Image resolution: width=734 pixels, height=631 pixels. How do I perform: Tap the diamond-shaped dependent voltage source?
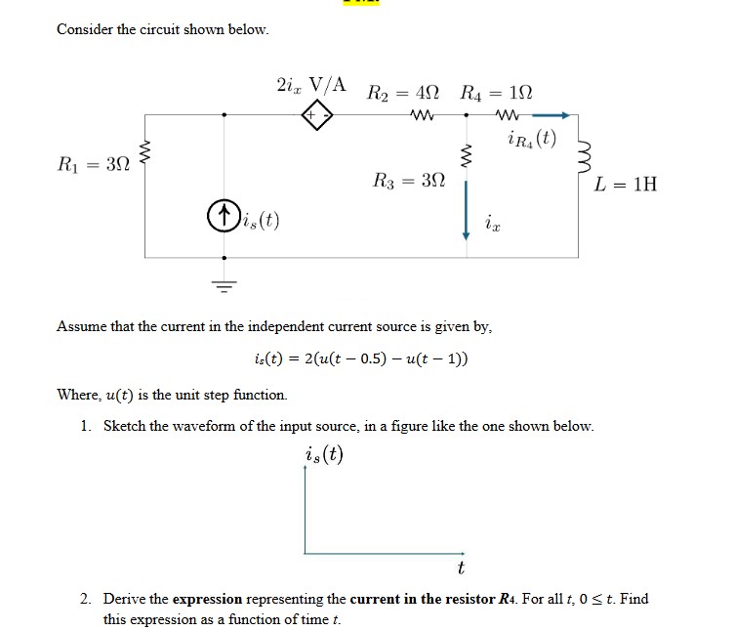pos(317,115)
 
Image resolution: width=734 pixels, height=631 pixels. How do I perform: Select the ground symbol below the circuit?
pos(225,284)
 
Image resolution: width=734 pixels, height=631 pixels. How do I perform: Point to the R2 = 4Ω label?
pos(403,94)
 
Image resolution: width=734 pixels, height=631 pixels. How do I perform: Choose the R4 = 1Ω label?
pos(497,94)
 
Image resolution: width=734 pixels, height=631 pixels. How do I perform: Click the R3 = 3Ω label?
pos(409,180)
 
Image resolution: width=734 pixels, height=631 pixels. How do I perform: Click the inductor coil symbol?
pos(581,153)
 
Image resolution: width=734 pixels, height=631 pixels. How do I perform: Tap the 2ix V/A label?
pos(312,84)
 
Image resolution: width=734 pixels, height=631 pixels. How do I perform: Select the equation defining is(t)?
pos(359,358)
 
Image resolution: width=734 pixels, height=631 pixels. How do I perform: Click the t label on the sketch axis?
pos(460,567)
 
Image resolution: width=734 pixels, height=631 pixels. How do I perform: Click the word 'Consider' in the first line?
pos(85,29)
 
